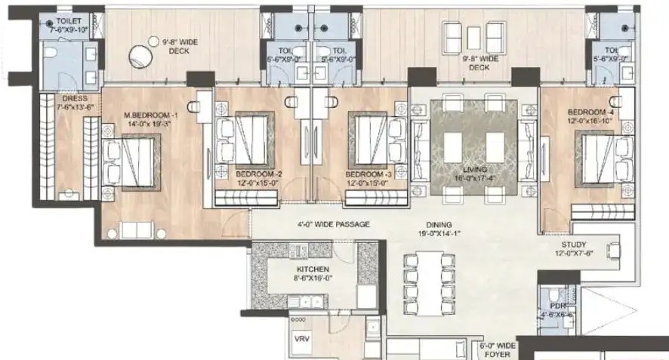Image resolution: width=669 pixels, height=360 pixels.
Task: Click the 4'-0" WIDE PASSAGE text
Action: (x=332, y=224)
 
